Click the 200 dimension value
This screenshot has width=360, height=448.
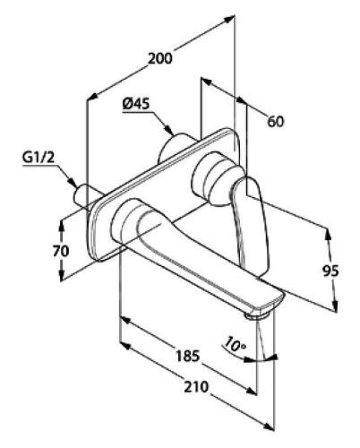(160, 58)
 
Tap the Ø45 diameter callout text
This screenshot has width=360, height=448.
(136, 104)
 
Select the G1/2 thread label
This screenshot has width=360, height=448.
(39, 158)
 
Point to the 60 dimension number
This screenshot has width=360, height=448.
(276, 121)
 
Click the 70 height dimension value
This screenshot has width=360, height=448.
(61, 251)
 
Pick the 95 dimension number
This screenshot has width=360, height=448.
(330, 271)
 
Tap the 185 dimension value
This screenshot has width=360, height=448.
(187, 356)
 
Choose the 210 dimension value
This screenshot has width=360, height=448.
(195, 386)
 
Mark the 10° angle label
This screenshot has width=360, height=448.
(235, 344)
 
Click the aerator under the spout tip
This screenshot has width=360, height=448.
(257, 315)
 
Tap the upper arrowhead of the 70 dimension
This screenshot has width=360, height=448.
(62, 226)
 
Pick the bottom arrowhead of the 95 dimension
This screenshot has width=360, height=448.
(335, 306)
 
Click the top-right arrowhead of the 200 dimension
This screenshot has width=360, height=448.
(228, 20)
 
